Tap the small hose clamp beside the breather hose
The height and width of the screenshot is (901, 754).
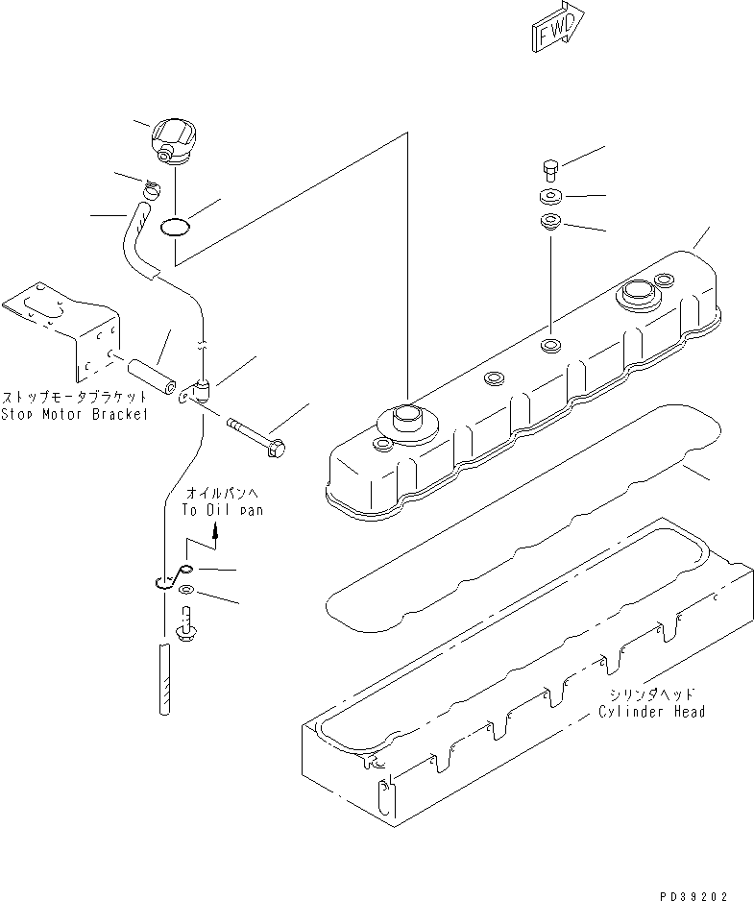click(x=149, y=189)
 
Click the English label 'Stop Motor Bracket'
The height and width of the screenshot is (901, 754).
click(x=74, y=414)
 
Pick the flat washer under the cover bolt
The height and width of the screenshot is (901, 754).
click(x=550, y=199)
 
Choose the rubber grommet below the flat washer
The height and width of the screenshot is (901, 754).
click(x=550, y=225)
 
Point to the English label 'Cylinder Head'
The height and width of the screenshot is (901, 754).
click(x=651, y=712)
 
